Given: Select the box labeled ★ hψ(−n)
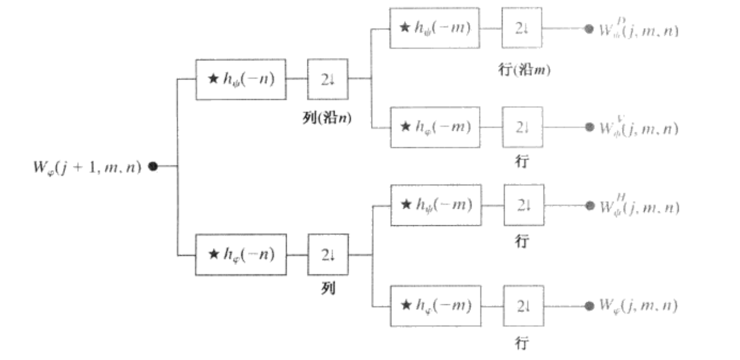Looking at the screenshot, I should click(241, 80).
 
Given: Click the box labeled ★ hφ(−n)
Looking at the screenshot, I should click(241, 255).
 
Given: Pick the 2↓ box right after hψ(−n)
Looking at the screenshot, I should click(327, 80).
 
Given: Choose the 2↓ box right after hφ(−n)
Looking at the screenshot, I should click(327, 255).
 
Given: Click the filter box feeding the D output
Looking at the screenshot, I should click(434, 28).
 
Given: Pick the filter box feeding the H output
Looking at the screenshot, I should click(435, 205).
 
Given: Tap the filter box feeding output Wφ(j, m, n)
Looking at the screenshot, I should click(435, 305).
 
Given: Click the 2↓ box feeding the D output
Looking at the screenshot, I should click(521, 28).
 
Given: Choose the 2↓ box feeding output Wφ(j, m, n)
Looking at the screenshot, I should click(523, 305).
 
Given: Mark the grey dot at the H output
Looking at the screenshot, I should click(590, 205).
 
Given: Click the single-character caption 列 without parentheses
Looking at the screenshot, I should click(327, 289).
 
